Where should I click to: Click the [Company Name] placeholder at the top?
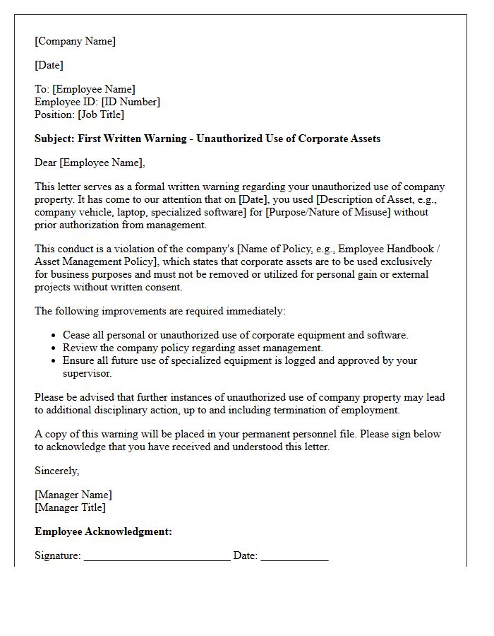click(75, 41)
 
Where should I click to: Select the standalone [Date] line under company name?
click(49, 65)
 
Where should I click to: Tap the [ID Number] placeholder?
click(131, 102)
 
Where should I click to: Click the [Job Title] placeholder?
click(100, 114)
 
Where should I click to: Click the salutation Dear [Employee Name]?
click(89, 163)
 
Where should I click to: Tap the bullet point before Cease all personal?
click(54, 336)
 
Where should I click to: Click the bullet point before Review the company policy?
click(54, 348)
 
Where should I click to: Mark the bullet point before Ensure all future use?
click(54, 360)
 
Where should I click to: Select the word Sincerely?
click(56, 471)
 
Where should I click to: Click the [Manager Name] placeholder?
click(73, 495)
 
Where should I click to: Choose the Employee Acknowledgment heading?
click(103, 531)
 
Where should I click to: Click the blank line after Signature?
click(157, 557)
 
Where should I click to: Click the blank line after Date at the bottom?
click(294, 557)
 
